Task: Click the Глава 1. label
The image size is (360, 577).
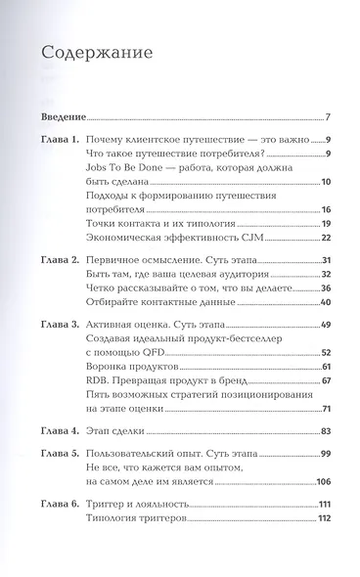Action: tap(65, 141)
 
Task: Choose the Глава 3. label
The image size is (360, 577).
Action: tap(65, 323)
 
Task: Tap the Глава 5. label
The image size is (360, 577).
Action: tap(65, 454)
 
